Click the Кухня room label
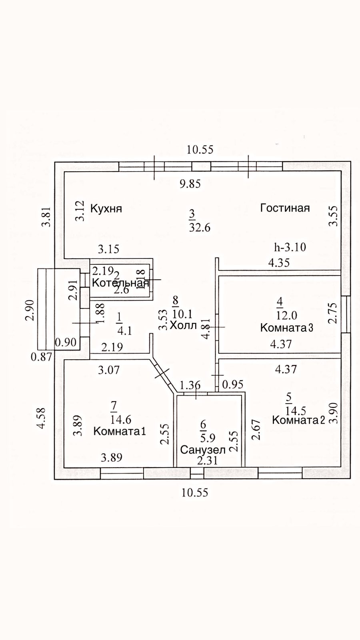(106, 209)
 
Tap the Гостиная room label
(285, 208)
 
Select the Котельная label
(120, 283)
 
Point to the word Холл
(183, 325)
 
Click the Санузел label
(203, 450)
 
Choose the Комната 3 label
(286, 328)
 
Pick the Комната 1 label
(119, 431)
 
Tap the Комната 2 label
(298, 420)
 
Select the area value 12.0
(287, 315)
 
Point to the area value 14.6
(121, 420)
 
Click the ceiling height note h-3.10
(290, 247)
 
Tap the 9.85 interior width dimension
(190, 184)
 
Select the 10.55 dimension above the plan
(200, 150)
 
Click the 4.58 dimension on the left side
(41, 418)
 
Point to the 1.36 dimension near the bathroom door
(190, 385)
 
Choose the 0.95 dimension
(233, 385)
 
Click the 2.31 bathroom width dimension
(208, 461)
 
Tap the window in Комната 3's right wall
(346, 314)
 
